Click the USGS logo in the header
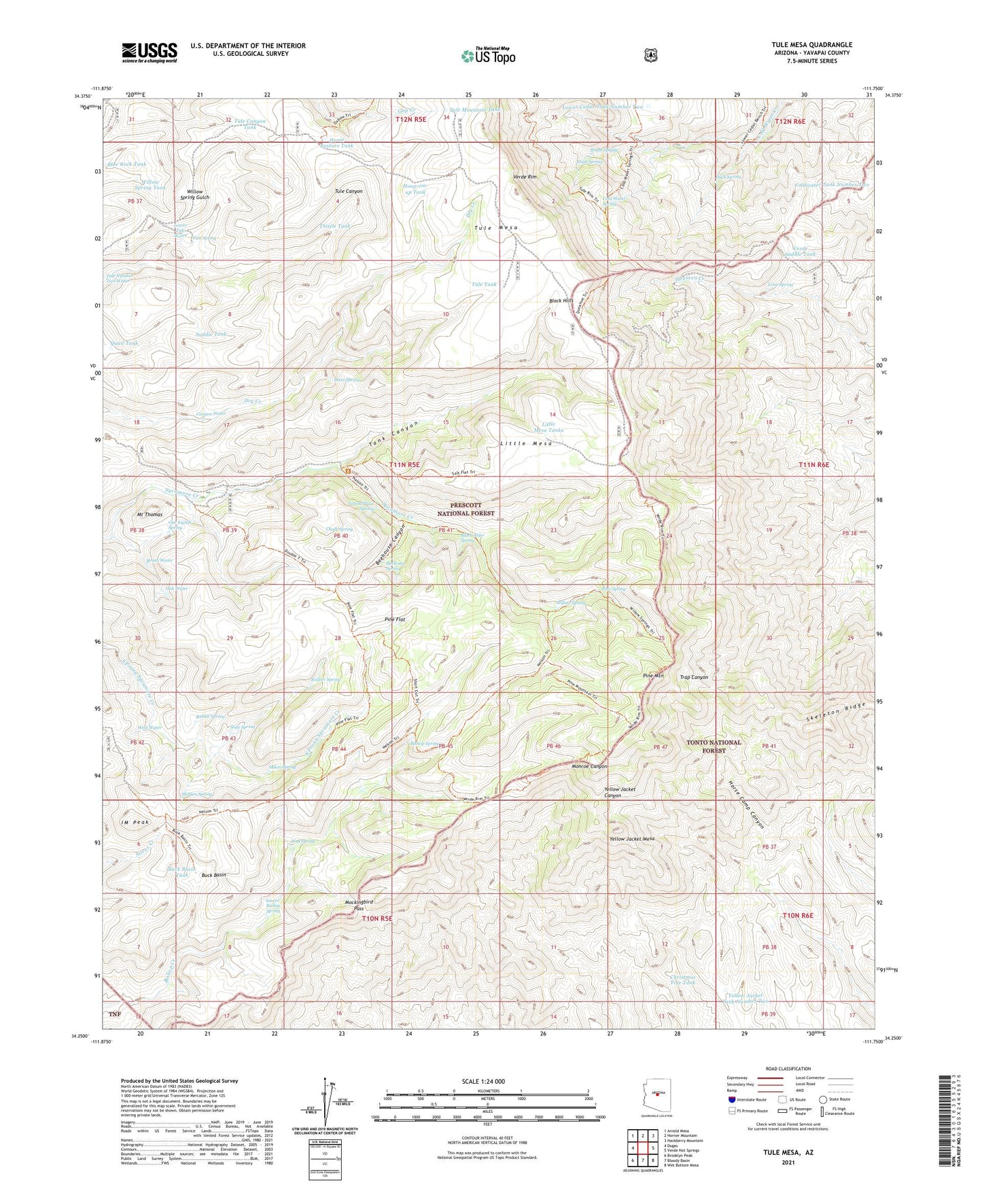150,52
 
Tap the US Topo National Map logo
488,56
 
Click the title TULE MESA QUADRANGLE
811,45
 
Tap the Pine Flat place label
395,619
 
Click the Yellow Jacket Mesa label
632,840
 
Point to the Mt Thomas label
150,515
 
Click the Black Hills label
561,300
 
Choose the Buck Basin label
214,875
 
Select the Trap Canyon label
694,677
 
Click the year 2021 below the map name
788,1162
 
